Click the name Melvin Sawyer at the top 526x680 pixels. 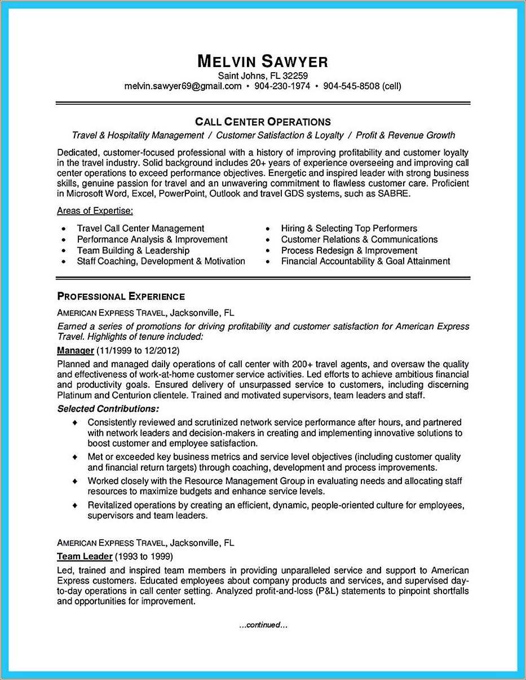[263, 61]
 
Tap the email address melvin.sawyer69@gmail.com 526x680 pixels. [183, 86]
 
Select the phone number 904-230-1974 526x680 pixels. [282, 86]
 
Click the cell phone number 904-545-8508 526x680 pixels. [351, 86]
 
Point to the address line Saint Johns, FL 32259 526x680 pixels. [263, 76]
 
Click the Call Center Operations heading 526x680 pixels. [263, 122]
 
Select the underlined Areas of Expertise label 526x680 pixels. [95, 211]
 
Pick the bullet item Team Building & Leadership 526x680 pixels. [133, 250]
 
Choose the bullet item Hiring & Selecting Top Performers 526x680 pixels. [349, 228]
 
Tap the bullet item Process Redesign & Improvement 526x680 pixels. [349, 250]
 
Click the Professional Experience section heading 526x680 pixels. [121, 297]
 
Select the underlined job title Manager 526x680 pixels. [75, 351]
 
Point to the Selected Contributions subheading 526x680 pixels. [108, 408]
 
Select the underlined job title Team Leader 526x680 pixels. [85, 557]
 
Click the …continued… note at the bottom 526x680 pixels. [263, 625]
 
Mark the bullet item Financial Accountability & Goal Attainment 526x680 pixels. [365, 261]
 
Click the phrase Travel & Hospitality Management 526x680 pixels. [138, 135]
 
